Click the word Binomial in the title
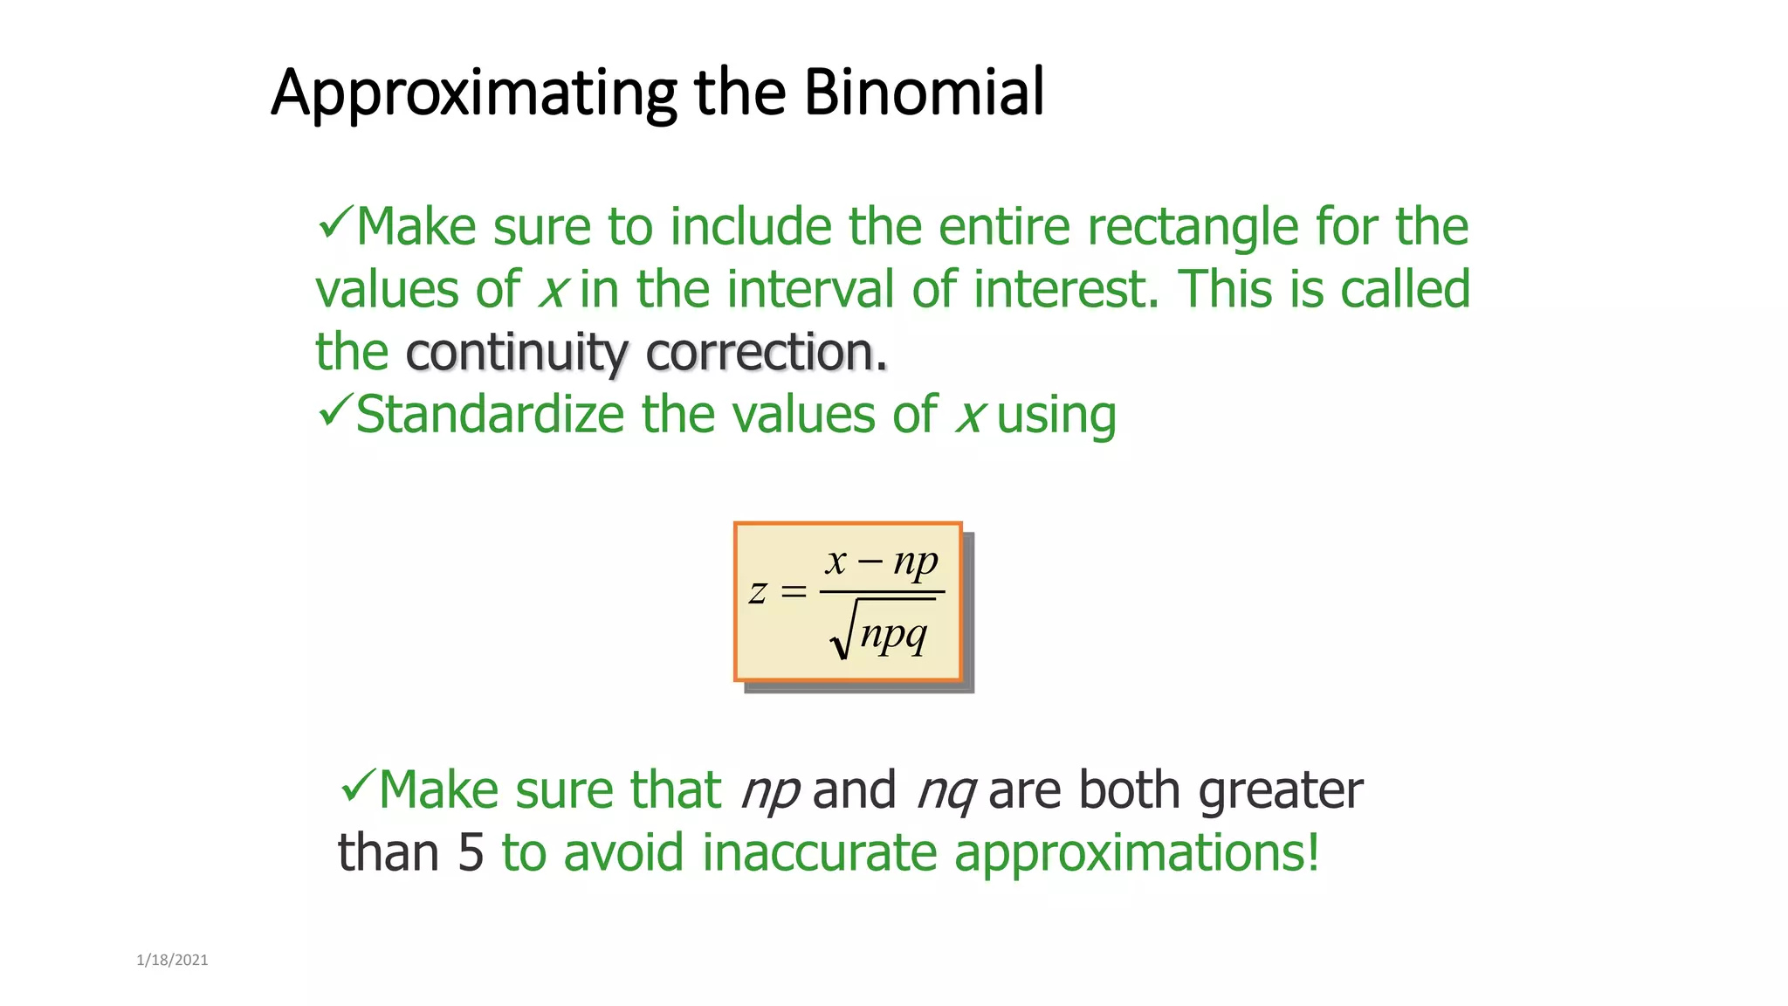tap(923, 92)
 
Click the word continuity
tap(516, 353)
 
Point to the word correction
tap(766, 353)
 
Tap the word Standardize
tap(490, 414)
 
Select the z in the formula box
tap(758, 592)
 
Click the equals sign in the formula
tap(793, 592)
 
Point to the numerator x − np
tap(882, 562)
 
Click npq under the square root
tap(892, 634)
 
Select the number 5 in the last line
tap(470, 853)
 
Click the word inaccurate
tap(819, 853)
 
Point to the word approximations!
tap(1136, 853)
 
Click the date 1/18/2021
tap(172, 961)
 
